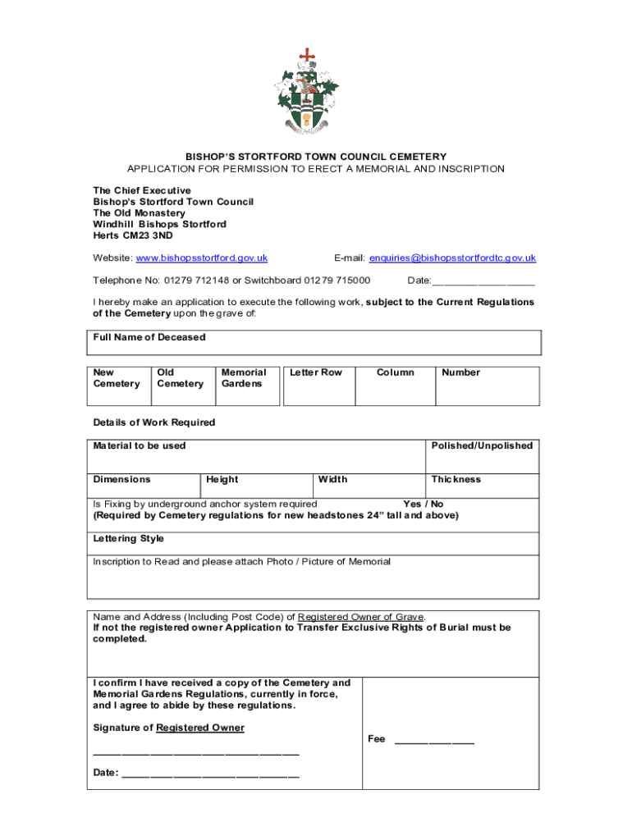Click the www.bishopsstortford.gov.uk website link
(x=202, y=258)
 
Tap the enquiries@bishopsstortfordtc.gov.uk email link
(x=452, y=258)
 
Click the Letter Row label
(x=316, y=372)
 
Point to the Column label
(x=395, y=372)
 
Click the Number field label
(x=460, y=372)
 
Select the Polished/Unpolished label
(x=482, y=445)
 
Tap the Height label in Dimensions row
(x=222, y=479)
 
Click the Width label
(x=332, y=479)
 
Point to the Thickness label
(x=456, y=479)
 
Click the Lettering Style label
(x=129, y=538)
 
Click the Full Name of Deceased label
(x=149, y=337)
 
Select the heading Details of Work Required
(x=154, y=422)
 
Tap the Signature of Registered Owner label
(x=168, y=728)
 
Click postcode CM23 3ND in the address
(x=153, y=235)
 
